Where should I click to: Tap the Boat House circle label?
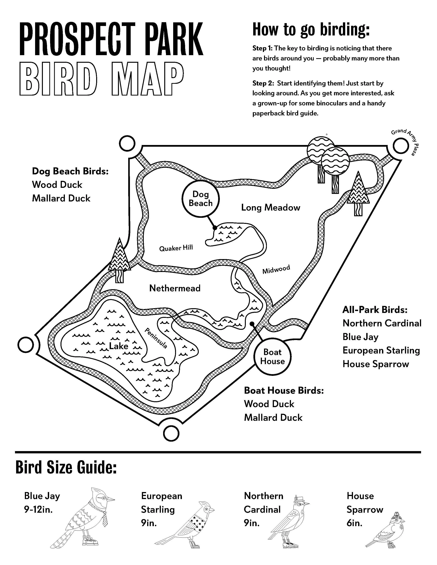272,357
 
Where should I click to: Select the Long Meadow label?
270,208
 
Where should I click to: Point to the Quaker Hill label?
176,248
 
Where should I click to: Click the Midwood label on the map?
276,269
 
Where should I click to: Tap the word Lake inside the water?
119,346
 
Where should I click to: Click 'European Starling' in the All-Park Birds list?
381,350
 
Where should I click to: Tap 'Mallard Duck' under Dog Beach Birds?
61,198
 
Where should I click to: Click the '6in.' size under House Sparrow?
354,523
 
